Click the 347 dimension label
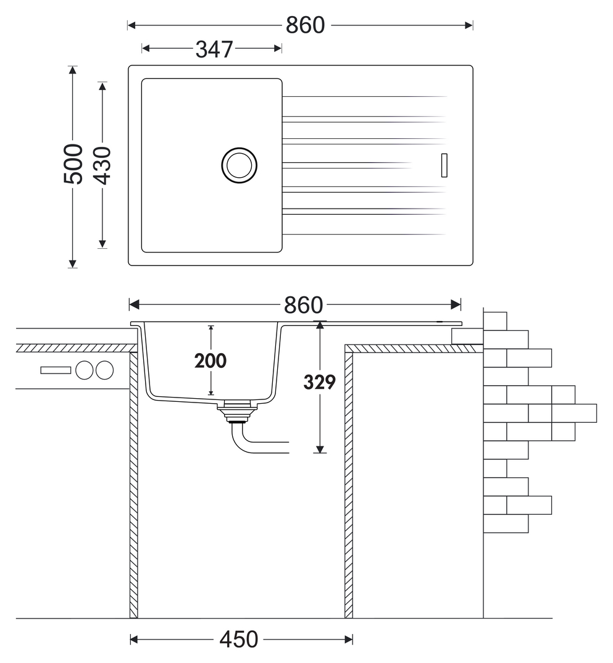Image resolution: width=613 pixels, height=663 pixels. point(214,49)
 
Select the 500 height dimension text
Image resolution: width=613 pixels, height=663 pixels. point(73,164)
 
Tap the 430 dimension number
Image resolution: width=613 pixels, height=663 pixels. point(102,165)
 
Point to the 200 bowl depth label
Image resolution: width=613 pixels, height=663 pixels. point(211,361)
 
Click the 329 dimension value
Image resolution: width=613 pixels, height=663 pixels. point(320,382)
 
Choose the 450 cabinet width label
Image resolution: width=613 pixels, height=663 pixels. point(238,640)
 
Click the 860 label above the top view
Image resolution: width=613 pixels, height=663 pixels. point(305,25)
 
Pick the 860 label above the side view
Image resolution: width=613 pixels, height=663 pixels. point(304,305)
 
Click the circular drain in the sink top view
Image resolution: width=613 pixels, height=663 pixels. point(240,165)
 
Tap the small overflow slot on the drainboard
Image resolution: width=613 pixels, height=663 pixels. point(444,165)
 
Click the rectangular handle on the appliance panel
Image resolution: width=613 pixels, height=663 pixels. point(56,370)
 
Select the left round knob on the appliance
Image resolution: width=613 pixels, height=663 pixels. point(85,370)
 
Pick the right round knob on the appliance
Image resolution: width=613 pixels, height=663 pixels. point(104,370)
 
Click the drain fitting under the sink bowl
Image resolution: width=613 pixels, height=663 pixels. point(237,411)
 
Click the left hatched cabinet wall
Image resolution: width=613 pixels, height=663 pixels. point(133,485)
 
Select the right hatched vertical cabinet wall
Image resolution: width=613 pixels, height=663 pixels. point(349,485)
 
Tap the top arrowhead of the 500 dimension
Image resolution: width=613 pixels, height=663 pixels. point(73,70)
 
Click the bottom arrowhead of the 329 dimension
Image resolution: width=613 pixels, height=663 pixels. point(320,449)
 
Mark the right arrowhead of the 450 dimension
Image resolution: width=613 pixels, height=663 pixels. point(349,640)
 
